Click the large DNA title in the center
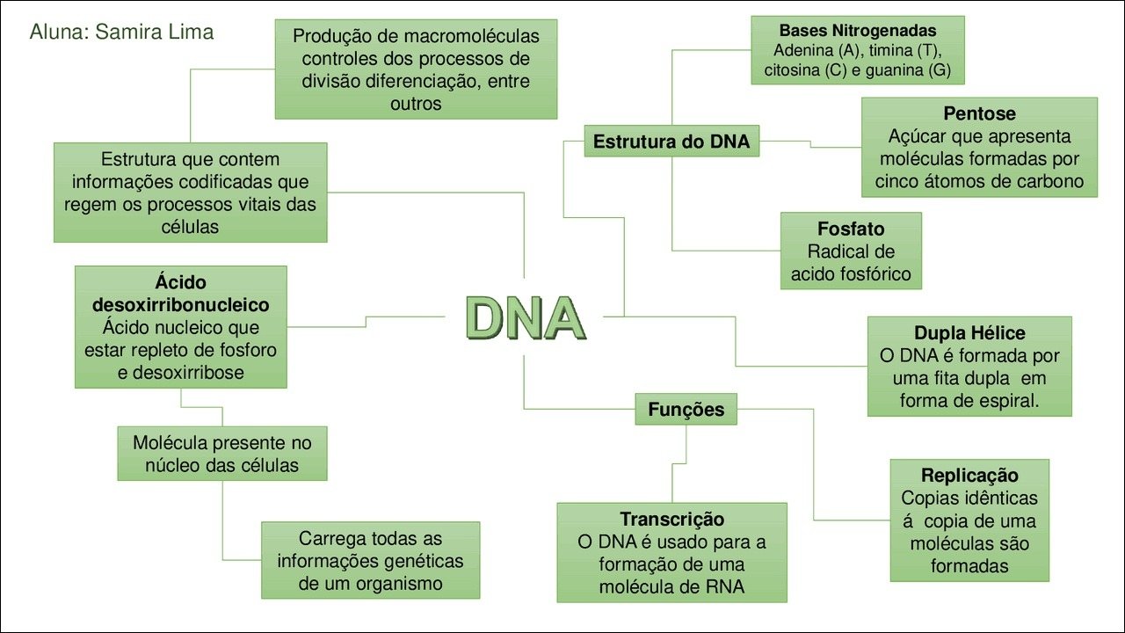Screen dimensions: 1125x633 [526, 318]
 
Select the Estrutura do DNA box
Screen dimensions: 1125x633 [671, 142]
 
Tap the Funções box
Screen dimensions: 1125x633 [686, 409]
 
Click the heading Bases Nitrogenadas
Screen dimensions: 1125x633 [858, 31]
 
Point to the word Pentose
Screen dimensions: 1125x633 [979, 113]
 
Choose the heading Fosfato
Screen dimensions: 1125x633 [851, 229]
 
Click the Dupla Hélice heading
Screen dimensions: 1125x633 [969, 333]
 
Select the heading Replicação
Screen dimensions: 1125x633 [969, 476]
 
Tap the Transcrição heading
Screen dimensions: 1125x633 [672, 519]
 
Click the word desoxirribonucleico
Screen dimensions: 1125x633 [181, 305]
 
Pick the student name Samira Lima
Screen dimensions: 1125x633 [154, 32]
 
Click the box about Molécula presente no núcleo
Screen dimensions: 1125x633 [222, 454]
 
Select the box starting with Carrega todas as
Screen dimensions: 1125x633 [371, 560]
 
